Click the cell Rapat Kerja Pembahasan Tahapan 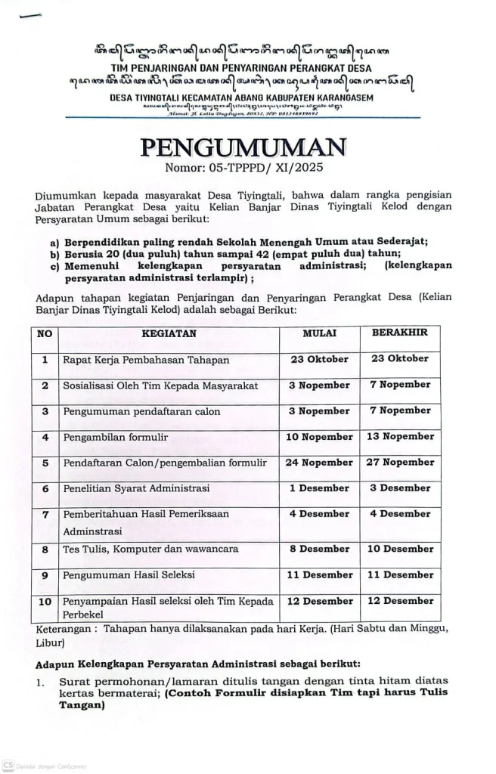pyautogui.click(x=146, y=360)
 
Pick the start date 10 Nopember pyautogui.click(x=320, y=437)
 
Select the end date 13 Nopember pyautogui.click(x=399, y=437)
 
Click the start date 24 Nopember pyautogui.click(x=320, y=463)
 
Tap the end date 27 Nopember pyautogui.click(x=399, y=463)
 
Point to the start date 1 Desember pyautogui.click(x=320, y=488)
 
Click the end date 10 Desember pyautogui.click(x=399, y=550)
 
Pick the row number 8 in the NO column pyautogui.click(x=45, y=550)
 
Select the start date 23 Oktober pyautogui.click(x=320, y=359)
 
